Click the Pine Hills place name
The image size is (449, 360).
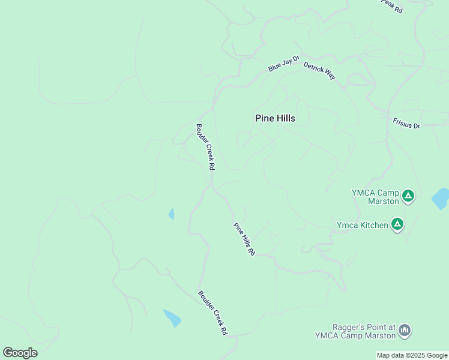[x=275, y=118]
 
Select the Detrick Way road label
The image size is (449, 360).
[x=319, y=71]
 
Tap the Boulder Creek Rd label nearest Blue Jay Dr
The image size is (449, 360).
[x=205, y=148]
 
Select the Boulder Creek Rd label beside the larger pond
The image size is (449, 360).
[x=213, y=313]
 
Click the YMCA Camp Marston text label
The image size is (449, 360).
[x=375, y=197]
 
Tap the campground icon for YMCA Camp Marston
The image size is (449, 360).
[x=408, y=196]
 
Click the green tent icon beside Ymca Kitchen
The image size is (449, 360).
[x=397, y=224]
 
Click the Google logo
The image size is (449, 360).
[x=20, y=353]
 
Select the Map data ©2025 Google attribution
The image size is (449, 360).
[x=412, y=355]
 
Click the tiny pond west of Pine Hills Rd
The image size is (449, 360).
[x=172, y=214]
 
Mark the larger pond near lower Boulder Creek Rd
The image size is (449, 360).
[x=172, y=318]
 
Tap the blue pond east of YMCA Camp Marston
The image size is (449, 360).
[x=441, y=199]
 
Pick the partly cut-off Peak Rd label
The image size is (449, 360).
[x=391, y=7]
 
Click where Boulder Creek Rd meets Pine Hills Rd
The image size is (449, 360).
[x=211, y=187]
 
